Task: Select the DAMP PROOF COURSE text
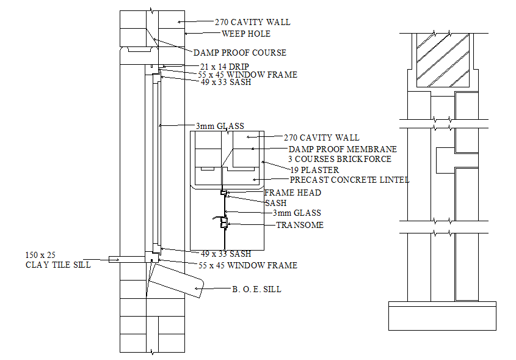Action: tap(240, 53)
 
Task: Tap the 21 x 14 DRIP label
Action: tap(224, 66)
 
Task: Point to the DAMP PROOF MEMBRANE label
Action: tap(343, 149)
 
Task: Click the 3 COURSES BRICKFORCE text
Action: tap(340, 159)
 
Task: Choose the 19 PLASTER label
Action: tap(314, 170)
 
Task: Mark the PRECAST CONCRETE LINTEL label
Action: tap(349, 180)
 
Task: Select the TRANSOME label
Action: tap(300, 225)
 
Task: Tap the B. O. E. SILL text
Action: tap(256, 289)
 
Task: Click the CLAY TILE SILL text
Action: tap(58, 265)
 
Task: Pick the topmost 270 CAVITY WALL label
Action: tap(252, 22)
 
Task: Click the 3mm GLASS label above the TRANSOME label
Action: tap(297, 213)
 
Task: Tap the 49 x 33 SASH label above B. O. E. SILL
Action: tap(226, 254)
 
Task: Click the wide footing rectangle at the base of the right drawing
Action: tap(442, 315)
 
